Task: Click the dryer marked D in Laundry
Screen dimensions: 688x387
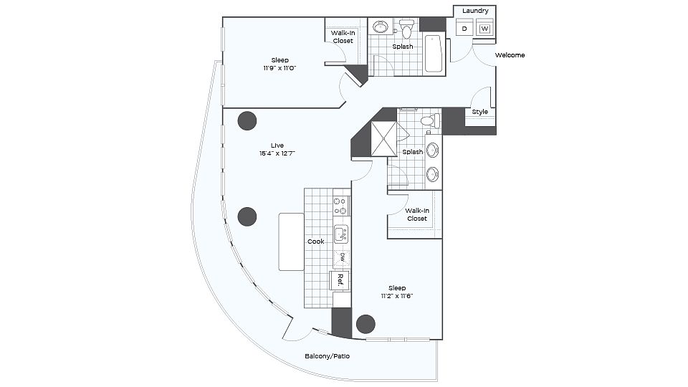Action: [464, 28]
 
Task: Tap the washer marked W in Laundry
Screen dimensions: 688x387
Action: [484, 29]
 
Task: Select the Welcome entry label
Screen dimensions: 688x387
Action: [510, 55]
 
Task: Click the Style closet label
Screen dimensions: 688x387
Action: [479, 112]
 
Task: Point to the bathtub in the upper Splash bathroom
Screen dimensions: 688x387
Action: [434, 54]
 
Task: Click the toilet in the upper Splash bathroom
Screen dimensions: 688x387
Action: [407, 28]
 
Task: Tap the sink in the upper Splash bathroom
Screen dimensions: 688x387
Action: [381, 27]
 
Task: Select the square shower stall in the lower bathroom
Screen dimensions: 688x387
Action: [384, 138]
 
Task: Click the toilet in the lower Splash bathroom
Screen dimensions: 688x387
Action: [430, 120]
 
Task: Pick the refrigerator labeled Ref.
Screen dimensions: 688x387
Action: [340, 280]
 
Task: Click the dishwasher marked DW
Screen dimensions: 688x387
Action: [342, 259]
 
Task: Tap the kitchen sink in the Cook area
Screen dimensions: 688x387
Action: [341, 234]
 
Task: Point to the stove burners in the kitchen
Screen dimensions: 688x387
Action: [340, 206]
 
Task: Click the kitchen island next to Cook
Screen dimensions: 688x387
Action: [292, 242]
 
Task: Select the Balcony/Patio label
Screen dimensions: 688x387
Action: [328, 356]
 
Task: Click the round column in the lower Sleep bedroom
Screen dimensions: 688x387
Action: [365, 324]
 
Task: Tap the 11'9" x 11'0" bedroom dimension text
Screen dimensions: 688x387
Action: [280, 69]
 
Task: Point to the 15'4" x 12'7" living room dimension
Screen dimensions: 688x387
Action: [277, 153]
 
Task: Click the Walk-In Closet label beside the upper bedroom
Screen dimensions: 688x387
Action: [343, 37]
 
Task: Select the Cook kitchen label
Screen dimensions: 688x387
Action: [316, 242]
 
